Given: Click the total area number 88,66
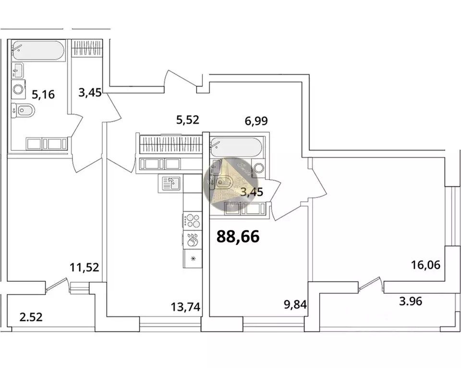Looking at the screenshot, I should (238, 236).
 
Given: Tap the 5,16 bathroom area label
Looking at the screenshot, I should (43, 94).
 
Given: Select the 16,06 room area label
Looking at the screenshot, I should (425, 264).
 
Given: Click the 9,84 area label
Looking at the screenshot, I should (295, 303).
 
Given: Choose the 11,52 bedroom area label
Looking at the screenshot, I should (85, 267).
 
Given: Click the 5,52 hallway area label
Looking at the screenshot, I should (187, 120).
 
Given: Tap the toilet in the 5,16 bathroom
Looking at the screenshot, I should (22, 111).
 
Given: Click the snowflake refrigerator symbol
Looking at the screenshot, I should (193, 259).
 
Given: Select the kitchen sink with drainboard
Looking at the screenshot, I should (171, 183).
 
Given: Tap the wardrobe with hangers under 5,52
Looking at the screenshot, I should (170, 143).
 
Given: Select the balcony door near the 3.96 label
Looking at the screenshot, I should (370, 286).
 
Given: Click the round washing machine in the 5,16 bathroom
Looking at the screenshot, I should (19, 89).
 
